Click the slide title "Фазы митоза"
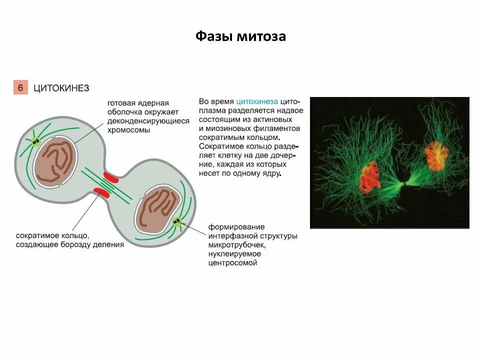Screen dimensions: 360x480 tap(240, 36)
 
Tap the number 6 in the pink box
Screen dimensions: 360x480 tap(20, 87)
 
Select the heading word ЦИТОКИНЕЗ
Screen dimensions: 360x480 tap(61, 88)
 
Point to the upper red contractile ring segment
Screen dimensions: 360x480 tap(111, 176)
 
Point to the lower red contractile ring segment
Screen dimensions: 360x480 tap(102, 192)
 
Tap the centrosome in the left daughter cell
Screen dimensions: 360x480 tap(35, 142)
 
